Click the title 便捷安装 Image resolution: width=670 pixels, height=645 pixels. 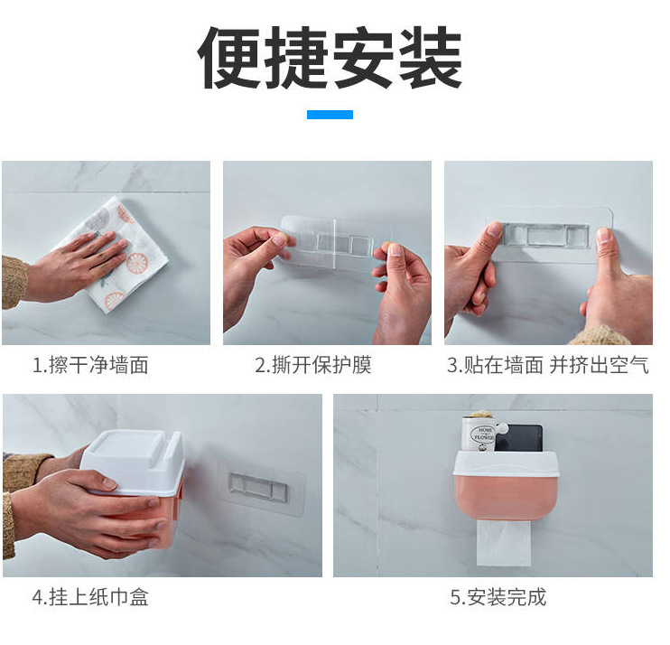click(330, 57)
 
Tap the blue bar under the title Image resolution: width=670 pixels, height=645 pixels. click(330, 114)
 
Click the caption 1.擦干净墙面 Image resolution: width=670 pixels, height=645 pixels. click(90, 365)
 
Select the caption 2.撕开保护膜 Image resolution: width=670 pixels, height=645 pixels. click(313, 365)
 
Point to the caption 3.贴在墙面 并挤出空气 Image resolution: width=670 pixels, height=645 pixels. click(548, 365)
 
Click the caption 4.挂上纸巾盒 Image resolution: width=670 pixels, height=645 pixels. click(90, 597)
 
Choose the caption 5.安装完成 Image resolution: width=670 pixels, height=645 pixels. click(498, 597)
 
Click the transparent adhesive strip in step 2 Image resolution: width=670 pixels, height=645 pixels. click(338, 244)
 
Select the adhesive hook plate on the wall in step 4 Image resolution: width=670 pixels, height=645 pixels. click(262, 487)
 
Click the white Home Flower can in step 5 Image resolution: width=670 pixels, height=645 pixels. click(479, 434)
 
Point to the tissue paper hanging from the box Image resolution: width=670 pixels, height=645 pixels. click(504, 541)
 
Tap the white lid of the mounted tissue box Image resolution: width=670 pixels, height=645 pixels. click(506, 463)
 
